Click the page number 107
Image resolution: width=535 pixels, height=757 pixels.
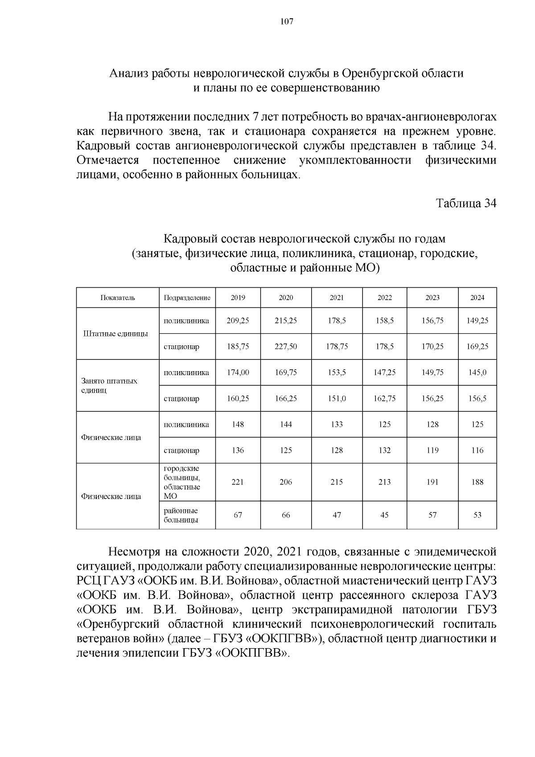(287, 21)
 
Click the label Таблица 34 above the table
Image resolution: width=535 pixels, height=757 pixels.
(466, 203)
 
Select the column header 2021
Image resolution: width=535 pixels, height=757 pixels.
(337, 298)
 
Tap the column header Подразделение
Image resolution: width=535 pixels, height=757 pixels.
(187, 298)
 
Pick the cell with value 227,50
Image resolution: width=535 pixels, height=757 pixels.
(286, 347)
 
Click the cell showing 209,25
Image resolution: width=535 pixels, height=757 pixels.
(238, 321)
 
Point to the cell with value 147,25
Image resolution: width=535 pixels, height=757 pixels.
(384, 372)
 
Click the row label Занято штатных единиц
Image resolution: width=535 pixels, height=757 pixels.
(110, 385)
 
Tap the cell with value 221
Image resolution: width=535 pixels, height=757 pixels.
(238, 482)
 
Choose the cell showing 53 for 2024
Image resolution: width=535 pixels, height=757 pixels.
(477, 515)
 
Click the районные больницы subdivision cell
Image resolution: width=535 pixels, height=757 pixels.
(181, 515)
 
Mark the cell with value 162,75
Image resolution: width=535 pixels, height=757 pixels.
(384, 398)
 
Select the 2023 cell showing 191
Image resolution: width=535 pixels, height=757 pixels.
(432, 482)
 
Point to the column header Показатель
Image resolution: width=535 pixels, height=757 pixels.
(118, 298)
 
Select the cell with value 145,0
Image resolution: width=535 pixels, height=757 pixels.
(477, 372)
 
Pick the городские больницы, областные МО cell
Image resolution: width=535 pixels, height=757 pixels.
(182, 482)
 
